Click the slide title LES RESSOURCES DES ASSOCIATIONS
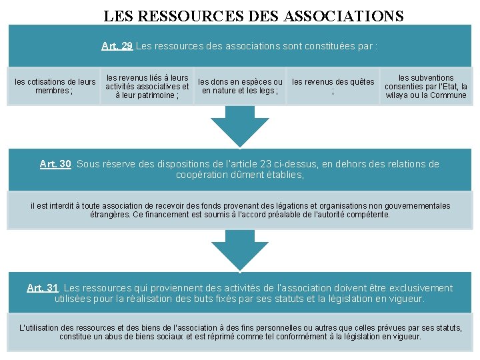point(253,15)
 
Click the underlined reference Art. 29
point(117,46)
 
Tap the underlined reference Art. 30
point(55,164)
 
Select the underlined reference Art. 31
point(43,288)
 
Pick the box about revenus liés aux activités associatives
point(147,86)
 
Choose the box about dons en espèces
point(240,86)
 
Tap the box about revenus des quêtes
point(333,86)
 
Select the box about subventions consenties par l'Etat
point(426,86)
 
